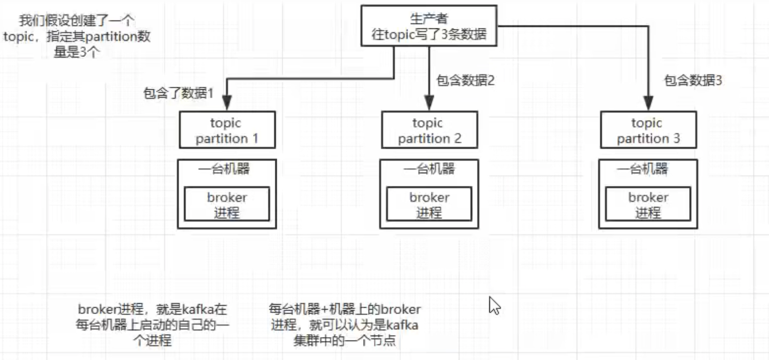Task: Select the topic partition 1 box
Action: click(227, 130)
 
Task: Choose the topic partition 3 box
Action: click(648, 130)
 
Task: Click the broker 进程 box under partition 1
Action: click(227, 204)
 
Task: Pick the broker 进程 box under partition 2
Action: click(429, 204)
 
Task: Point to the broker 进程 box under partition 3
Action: click(648, 204)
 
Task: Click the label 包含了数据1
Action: click(178, 93)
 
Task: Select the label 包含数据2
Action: click(465, 80)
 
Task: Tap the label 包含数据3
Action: click(693, 80)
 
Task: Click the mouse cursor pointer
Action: click(493, 305)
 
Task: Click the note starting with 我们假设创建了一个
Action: click(77, 36)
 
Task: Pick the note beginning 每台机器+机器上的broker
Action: click(345, 325)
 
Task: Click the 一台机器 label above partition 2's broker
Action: click(429, 169)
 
